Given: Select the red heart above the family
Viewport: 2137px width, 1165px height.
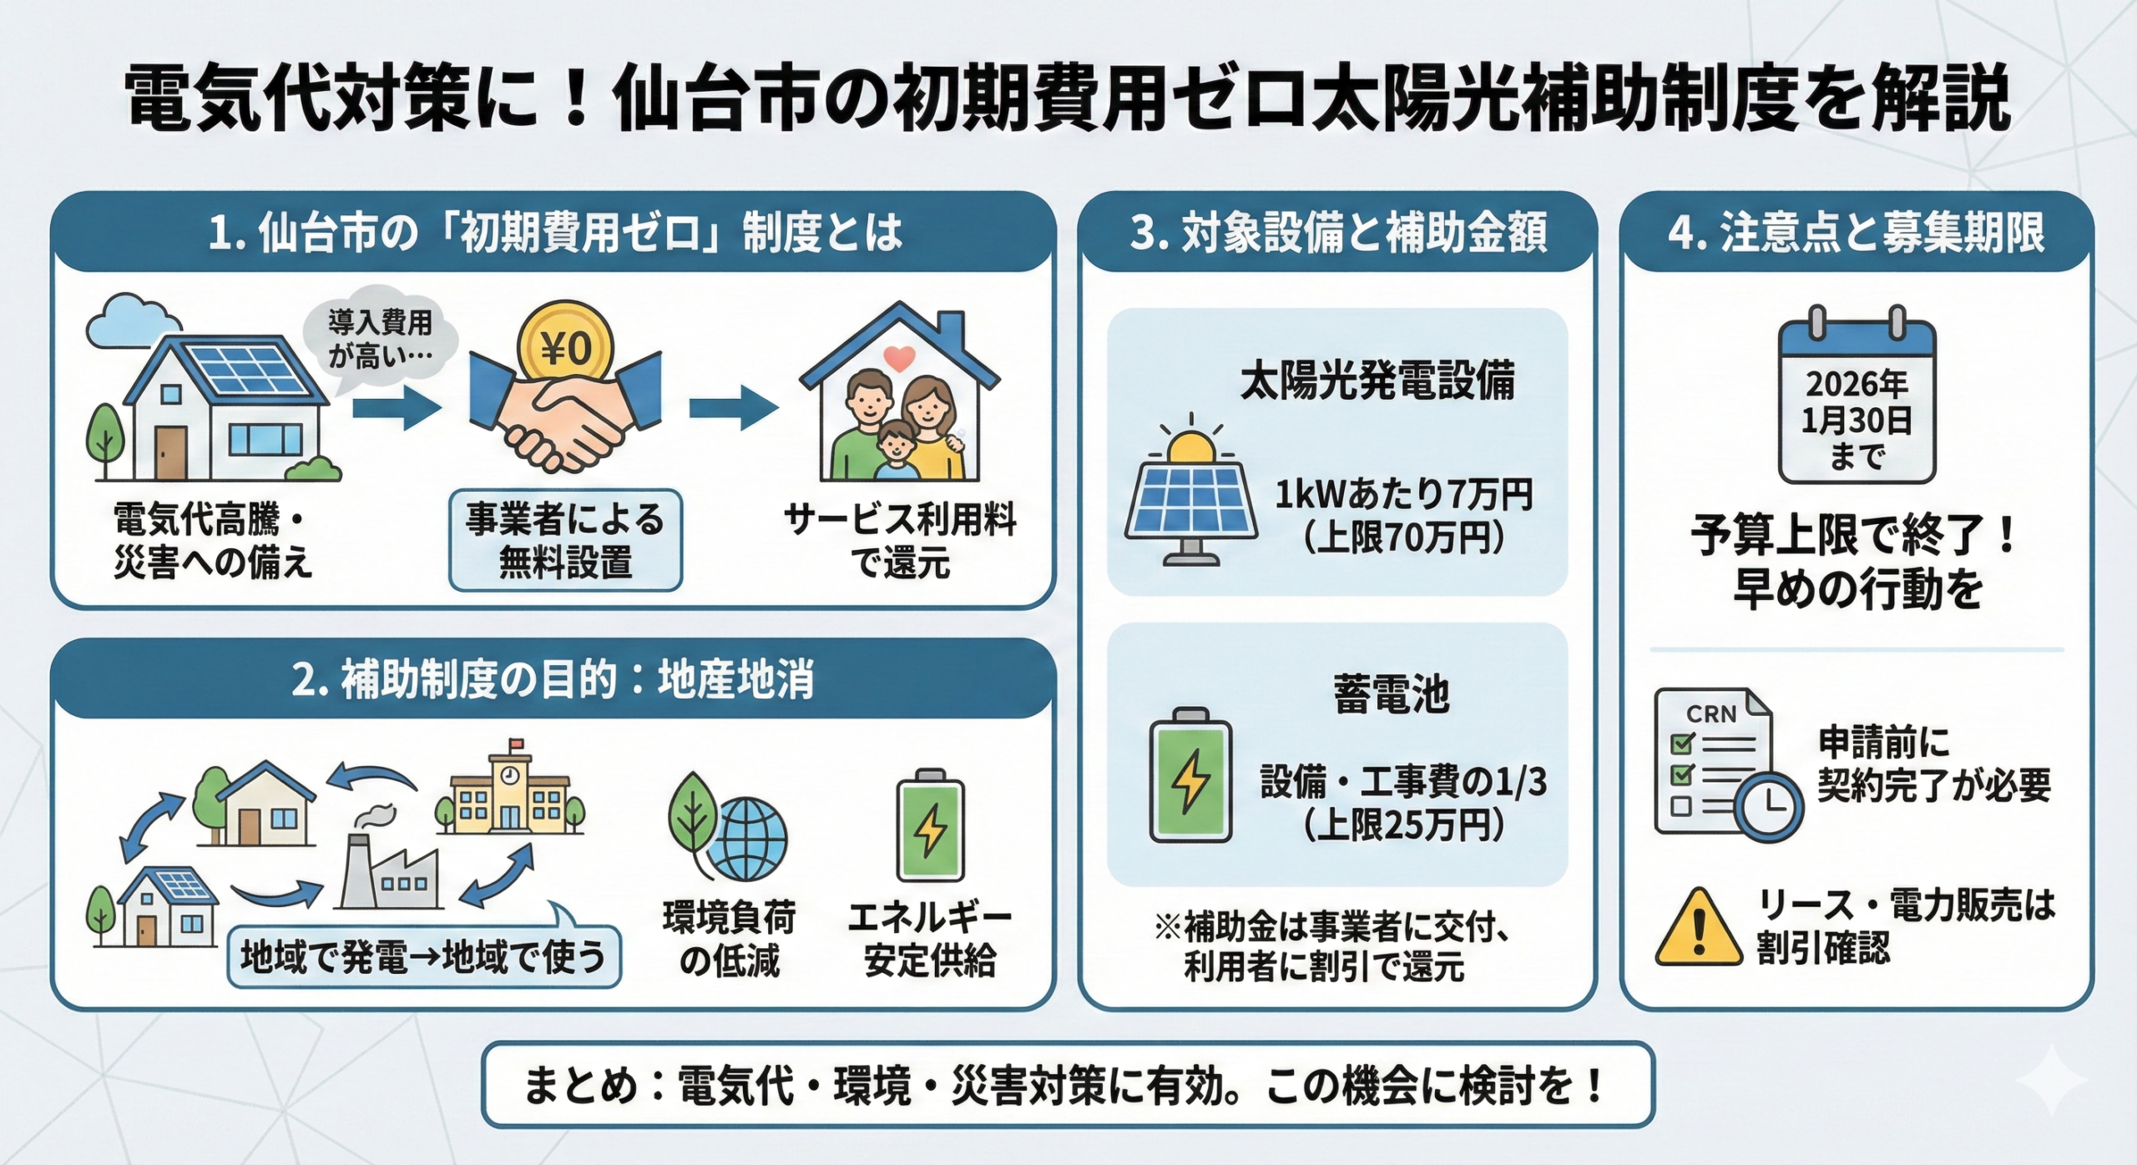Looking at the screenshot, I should pos(899,359).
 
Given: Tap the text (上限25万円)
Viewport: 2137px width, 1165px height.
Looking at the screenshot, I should pos(1403,825).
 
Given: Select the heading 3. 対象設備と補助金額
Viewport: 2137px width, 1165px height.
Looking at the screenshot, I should pos(1338,233).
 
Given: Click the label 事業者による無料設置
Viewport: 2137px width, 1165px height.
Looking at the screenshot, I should pos(565,541).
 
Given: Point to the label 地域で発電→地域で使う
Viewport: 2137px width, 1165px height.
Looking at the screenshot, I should pos(424,956).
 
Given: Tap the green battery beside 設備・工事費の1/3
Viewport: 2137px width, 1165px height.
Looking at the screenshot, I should pos(1190,776).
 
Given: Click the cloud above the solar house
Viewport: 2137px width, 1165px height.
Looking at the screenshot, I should pos(134,320).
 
